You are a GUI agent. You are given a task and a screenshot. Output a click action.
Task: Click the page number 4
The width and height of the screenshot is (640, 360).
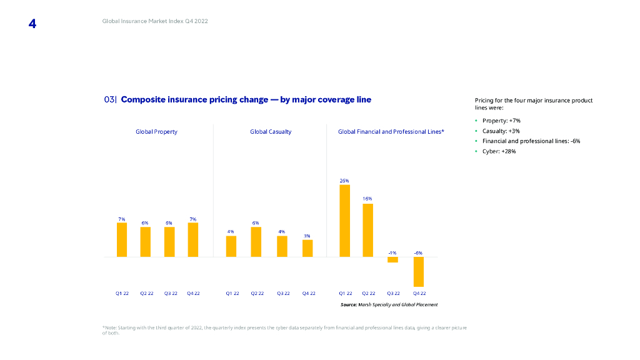click(32, 24)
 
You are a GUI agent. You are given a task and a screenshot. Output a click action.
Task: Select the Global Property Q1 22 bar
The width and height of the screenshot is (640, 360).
click(122, 239)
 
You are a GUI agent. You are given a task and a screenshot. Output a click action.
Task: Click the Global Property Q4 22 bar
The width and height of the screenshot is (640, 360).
click(193, 239)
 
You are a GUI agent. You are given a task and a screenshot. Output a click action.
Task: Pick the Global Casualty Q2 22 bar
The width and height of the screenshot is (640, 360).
click(256, 242)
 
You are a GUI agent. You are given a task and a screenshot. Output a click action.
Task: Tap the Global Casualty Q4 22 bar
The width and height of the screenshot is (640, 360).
click(307, 248)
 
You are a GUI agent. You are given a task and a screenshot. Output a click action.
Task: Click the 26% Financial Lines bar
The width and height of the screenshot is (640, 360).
click(344, 221)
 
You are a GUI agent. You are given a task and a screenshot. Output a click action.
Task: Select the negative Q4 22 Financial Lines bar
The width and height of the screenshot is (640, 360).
click(419, 271)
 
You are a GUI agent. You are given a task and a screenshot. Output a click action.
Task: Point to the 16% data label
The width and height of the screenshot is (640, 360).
click(367, 199)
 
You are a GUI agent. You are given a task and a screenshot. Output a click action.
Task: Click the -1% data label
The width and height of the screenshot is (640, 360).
click(392, 252)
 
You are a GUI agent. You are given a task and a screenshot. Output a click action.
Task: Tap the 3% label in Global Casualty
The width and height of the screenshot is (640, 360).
click(307, 236)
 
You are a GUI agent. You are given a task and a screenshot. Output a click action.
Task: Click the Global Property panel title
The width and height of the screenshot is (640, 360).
click(156, 132)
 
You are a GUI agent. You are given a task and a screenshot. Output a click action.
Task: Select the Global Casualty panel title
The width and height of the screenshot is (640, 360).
click(271, 132)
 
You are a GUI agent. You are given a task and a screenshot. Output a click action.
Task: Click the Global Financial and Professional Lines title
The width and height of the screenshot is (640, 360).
click(391, 132)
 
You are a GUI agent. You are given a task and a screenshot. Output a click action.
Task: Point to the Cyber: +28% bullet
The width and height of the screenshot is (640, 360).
click(499, 151)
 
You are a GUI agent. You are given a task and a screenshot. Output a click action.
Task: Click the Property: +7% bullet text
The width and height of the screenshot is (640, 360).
click(501, 121)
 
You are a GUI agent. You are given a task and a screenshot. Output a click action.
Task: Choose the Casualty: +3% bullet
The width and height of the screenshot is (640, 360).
click(501, 131)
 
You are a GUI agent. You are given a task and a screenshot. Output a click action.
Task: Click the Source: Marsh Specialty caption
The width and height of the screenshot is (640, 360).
click(389, 304)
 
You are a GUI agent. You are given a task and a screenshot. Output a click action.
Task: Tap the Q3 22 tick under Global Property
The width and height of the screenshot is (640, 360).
click(169, 293)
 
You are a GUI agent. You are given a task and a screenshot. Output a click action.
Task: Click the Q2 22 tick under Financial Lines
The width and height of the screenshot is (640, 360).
click(368, 293)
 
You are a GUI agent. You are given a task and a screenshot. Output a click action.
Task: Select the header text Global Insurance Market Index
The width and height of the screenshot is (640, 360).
click(155, 21)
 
